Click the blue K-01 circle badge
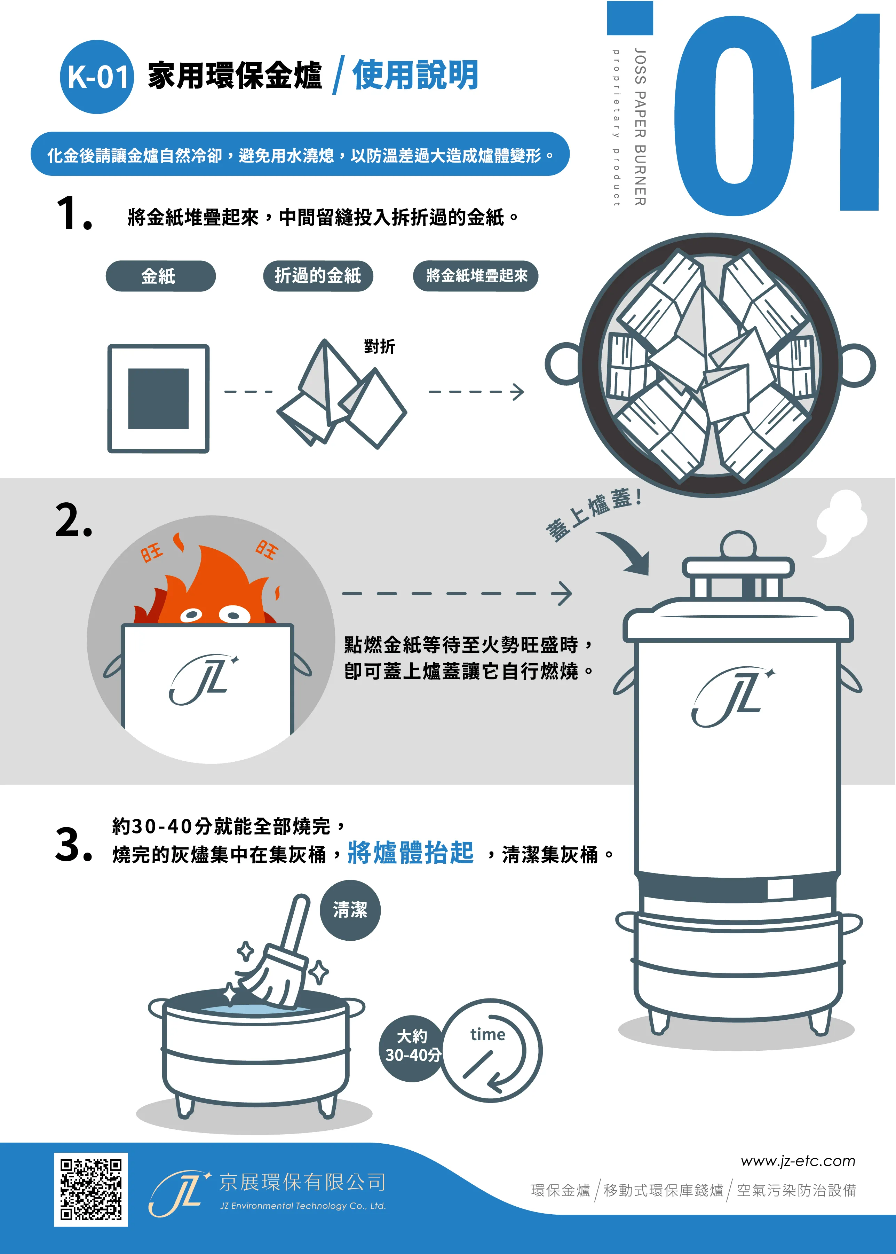96,77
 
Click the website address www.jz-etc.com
798,1161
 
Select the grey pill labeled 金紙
160,276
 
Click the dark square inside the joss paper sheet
158,399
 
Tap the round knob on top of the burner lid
738,545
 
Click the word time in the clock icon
488,1034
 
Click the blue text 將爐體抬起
411,852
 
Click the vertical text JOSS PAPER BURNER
640,127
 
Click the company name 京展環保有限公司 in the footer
302,1182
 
